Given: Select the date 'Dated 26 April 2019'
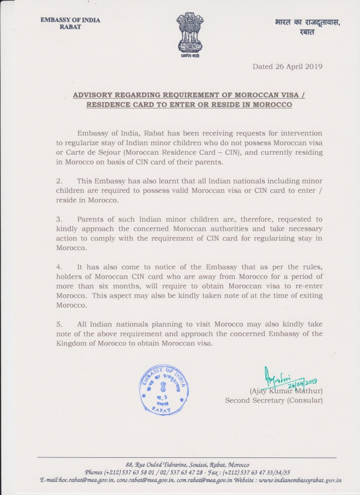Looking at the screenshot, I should coord(287,67).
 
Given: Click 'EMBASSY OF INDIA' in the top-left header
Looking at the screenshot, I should coord(70,21).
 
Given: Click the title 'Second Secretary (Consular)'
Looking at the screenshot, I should coord(274,400).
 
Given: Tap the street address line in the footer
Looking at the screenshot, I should coord(187,465).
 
